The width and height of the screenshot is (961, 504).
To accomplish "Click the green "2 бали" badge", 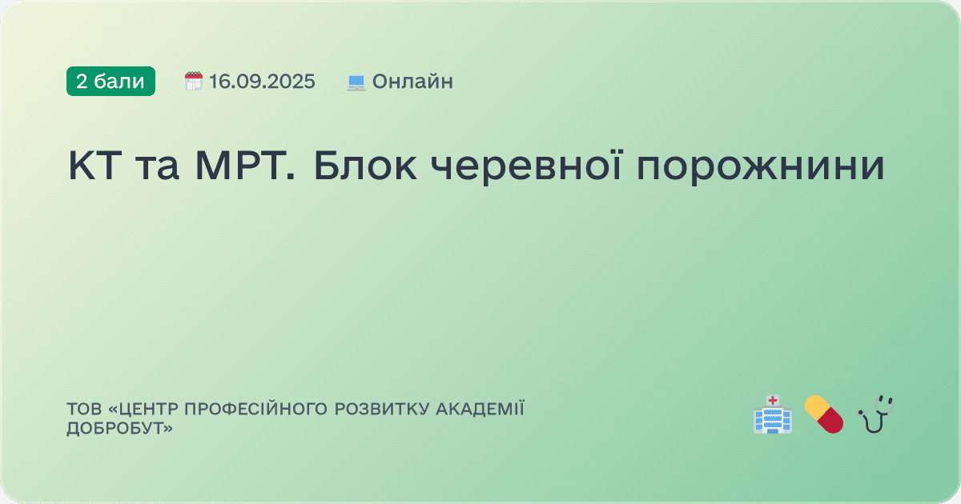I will tap(111, 81).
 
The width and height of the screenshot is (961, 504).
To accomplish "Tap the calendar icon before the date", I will tap(194, 81).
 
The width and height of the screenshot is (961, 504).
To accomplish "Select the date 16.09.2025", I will tap(262, 81).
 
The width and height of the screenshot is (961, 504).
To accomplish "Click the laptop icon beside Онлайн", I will tap(356, 82).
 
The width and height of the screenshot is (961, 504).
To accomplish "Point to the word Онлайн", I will tap(412, 81).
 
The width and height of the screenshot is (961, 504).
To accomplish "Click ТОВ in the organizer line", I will tap(82, 410).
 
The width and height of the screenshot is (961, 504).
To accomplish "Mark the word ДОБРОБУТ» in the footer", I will tap(120, 429).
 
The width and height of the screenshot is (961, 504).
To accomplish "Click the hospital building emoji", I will tap(772, 414).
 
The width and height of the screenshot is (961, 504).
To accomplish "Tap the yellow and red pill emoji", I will tap(824, 414).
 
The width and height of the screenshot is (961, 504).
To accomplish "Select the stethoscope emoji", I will tap(875, 414).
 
